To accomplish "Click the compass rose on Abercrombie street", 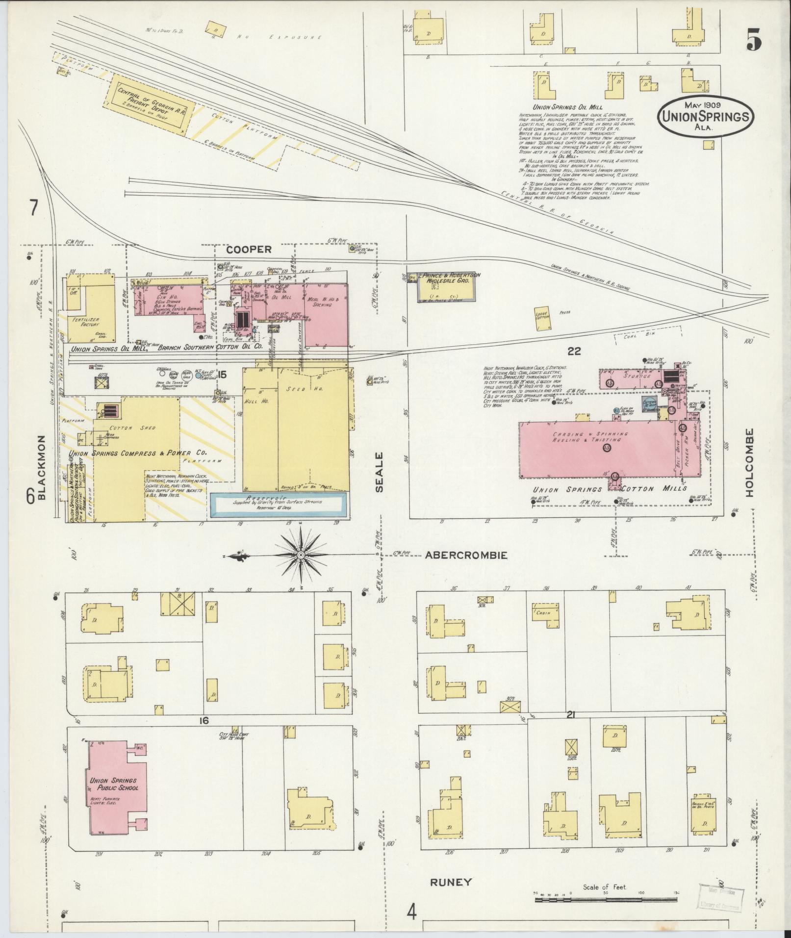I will coord(300,555).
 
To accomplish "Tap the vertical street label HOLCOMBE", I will coord(749,462).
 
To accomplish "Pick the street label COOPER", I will coord(248,250).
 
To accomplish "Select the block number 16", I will coord(204,720).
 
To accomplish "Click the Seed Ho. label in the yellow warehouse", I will coord(296,388).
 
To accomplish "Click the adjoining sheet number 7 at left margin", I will coord(33,209).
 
